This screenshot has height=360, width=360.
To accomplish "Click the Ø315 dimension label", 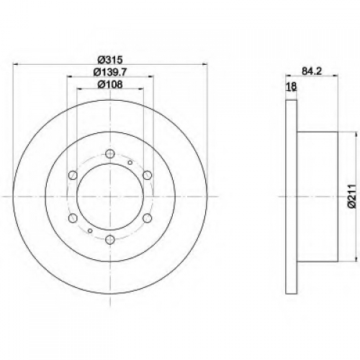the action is pyautogui.click(x=111, y=60).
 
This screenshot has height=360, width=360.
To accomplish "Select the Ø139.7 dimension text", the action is pyautogui.click(x=110, y=72).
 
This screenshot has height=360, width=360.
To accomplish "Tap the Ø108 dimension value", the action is pyautogui.click(x=110, y=84).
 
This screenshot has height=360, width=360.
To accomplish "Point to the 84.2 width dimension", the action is pyautogui.click(x=312, y=71).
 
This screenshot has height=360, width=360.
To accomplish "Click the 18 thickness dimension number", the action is pyautogui.click(x=291, y=86).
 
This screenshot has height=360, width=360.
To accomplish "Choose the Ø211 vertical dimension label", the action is pyautogui.click(x=351, y=197).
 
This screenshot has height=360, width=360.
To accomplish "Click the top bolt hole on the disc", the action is pyautogui.click(x=110, y=153).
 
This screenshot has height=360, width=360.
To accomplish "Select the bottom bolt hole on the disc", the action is pyautogui.click(x=110, y=239).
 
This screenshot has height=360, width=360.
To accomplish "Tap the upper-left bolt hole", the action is pyautogui.click(x=73, y=175).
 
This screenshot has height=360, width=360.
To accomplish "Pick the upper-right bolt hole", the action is pyautogui.click(x=148, y=175).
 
